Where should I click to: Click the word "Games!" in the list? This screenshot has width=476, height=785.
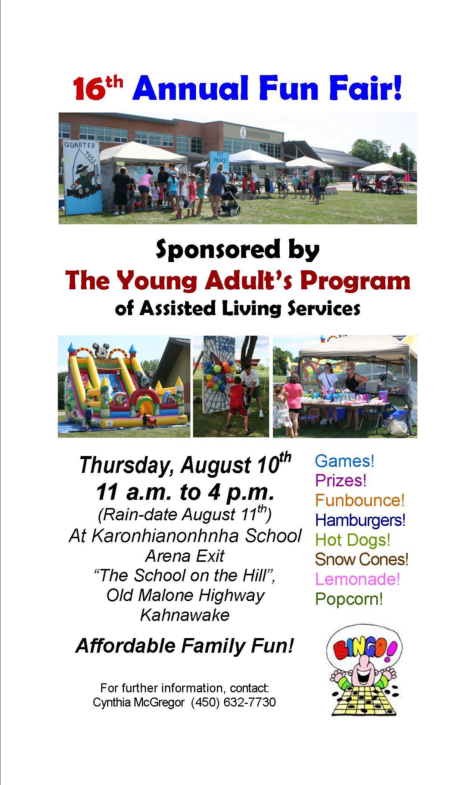[345, 461]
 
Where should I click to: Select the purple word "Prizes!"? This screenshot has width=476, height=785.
[341, 480]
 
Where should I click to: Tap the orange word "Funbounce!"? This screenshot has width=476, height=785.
[360, 500]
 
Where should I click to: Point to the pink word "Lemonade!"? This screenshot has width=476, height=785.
[358, 579]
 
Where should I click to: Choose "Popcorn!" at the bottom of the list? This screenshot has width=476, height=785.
[349, 599]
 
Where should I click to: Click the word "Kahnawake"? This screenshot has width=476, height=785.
[185, 615]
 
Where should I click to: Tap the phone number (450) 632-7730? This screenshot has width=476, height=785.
[233, 703]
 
